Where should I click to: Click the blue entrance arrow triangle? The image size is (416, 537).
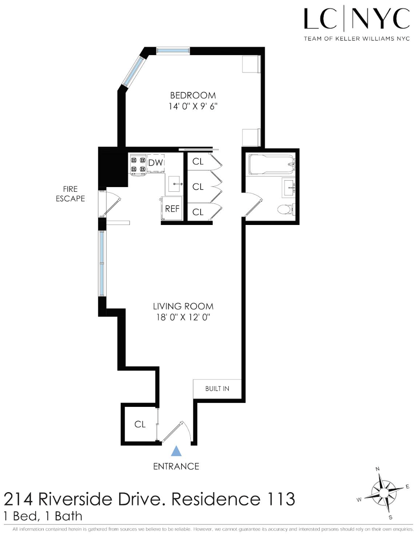(176, 451)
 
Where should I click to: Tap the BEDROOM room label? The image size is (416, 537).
(193, 95)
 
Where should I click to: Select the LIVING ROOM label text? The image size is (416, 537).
(183, 306)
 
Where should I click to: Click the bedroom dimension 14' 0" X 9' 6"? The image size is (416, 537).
(193, 106)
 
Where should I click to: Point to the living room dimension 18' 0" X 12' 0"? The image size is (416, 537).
(183, 317)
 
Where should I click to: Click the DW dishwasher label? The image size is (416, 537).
(155, 163)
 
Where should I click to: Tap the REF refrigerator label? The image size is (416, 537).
(172, 209)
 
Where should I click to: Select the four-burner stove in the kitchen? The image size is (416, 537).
(138, 165)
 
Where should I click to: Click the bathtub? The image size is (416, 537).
(271, 165)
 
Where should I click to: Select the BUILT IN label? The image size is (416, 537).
(217, 389)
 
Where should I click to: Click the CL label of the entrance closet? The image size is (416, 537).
(140, 425)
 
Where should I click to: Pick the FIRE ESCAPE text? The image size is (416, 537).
(70, 194)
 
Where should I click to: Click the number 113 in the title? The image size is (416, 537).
(280, 499)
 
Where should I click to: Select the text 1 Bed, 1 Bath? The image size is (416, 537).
(43, 516)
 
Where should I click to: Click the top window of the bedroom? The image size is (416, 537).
(173, 51)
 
